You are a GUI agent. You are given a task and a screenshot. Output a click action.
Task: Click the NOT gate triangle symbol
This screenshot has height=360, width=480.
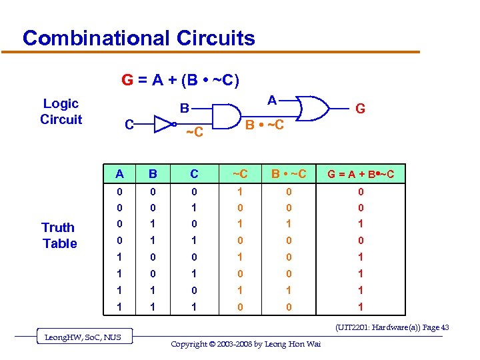click(163, 123)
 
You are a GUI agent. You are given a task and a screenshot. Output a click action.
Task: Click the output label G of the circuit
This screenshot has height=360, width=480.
click(360, 108)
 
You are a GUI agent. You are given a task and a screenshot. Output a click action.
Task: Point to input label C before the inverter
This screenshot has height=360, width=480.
click(131, 124)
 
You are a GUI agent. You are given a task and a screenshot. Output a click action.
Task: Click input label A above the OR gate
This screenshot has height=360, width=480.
click(271, 100)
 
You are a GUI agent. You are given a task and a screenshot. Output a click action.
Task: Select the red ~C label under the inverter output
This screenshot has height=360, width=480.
click(194, 133)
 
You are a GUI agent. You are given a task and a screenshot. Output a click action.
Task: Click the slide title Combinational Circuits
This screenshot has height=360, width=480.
click(139, 37)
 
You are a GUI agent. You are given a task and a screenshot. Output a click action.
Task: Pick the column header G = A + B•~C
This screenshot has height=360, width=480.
click(360, 175)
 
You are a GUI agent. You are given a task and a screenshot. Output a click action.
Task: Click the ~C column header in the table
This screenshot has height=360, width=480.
click(239, 174)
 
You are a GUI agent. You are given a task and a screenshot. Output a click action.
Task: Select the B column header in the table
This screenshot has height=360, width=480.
click(153, 174)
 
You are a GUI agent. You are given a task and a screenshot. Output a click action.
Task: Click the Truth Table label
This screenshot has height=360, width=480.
click(59, 235)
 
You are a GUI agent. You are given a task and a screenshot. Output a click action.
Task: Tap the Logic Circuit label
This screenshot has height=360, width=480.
click(61, 111)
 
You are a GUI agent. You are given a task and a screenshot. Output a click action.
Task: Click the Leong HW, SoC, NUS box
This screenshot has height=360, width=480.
click(83, 337)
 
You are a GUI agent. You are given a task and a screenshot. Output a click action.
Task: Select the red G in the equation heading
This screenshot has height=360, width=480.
click(127, 81)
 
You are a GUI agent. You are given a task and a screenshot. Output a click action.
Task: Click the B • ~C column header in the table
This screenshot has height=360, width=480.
click(288, 174)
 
